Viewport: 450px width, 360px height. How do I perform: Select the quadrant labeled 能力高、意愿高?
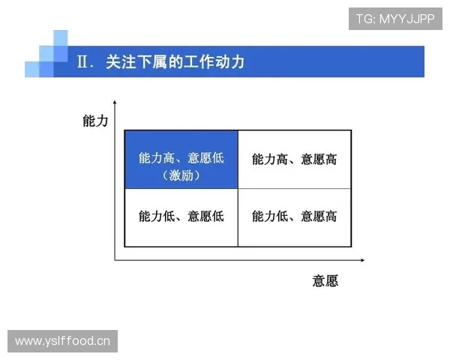pyautogui.click(x=295, y=159)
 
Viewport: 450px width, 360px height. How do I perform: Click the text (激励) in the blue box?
pyautogui.click(x=181, y=176)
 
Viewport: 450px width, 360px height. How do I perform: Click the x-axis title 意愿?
pyautogui.click(x=325, y=281)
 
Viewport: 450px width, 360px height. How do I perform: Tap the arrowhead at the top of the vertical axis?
pyautogui.click(x=115, y=102)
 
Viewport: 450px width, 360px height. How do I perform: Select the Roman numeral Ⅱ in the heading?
pyautogui.click(x=85, y=61)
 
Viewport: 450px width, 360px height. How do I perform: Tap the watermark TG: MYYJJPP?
pyautogui.click(x=395, y=19)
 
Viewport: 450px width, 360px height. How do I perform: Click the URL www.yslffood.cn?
pyautogui.click(x=62, y=341)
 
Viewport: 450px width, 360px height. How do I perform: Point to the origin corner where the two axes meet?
pyautogui.click(x=115, y=260)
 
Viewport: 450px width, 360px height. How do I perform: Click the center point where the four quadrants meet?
pyautogui.click(x=238, y=188)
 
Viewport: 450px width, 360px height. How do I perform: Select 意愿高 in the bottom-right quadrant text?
pyautogui.click(x=319, y=217)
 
